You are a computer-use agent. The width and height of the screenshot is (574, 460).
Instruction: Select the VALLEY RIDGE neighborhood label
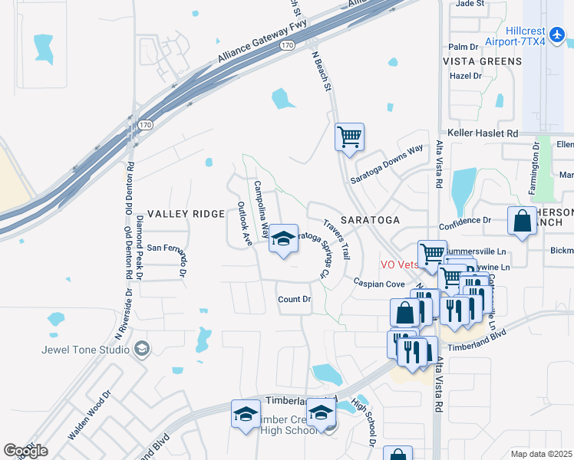[186, 214]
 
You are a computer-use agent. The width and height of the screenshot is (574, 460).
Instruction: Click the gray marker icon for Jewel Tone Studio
[141, 350]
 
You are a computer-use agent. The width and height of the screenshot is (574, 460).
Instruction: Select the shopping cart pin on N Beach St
[349, 138]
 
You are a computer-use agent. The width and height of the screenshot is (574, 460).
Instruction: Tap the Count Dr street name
[294, 299]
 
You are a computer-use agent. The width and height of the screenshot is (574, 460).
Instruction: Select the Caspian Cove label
[379, 284]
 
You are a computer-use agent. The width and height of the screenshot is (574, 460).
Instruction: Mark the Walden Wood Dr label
[89, 415]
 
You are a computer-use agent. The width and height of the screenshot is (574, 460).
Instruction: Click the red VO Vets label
[400, 264]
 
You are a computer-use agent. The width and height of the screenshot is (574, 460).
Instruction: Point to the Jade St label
[470, 4]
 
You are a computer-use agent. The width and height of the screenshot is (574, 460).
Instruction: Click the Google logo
[25, 451]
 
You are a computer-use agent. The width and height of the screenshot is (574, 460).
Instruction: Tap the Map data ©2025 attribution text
[542, 454]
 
